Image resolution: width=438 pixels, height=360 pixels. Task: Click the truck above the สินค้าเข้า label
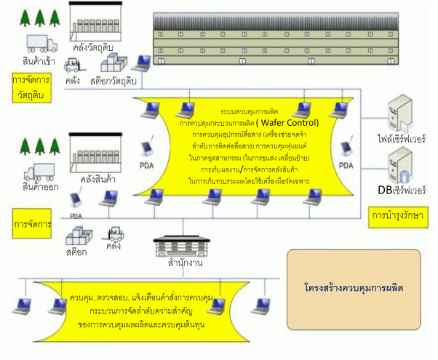click(42, 43)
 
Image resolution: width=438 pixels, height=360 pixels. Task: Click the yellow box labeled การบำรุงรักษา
click(397, 216)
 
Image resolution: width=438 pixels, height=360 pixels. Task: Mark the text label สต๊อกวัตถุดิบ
click(112, 81)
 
